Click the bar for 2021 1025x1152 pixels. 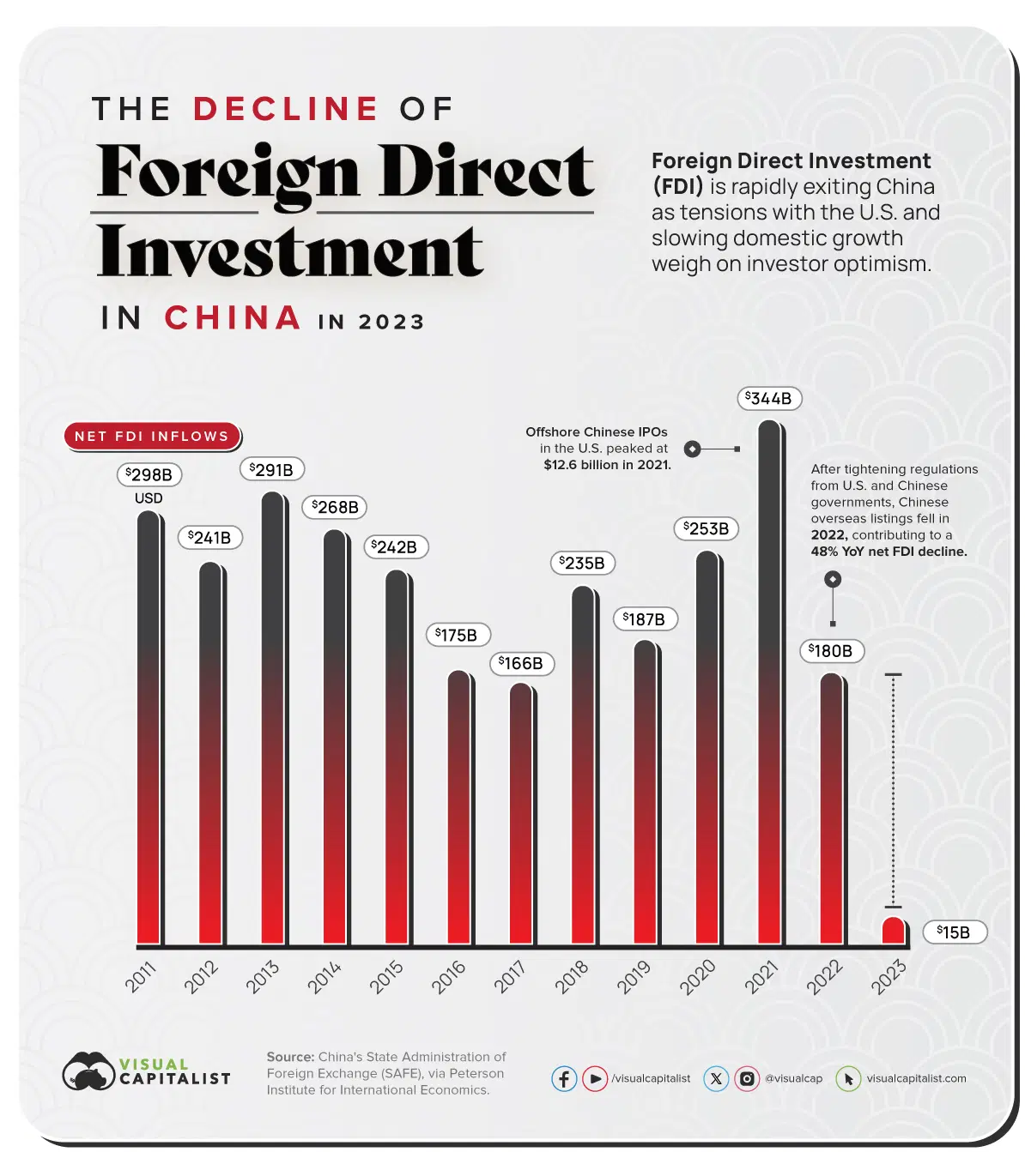point(769,686)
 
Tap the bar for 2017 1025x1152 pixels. point(520,815)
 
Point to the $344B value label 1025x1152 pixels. point(769,399)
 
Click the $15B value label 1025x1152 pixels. point(954,932)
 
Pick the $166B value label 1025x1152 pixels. point(521,663)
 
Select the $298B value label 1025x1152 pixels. point(149,474)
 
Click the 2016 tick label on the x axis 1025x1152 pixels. point(449,977)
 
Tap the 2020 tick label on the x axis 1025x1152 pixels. point(698,977)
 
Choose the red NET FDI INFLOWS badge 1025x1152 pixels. point(152,437)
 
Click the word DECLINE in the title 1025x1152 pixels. point(286,109)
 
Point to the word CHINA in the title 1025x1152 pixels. point(233,318)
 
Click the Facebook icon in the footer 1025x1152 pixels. point(564,1078)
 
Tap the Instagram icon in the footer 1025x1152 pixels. point(748,1078)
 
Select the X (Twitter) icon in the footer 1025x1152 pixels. point(716,1078)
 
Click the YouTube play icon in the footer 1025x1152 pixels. point(594,1078)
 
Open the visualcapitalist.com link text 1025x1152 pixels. point(916,1078)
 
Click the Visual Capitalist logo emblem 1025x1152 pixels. point(88,1071)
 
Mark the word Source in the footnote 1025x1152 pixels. point(289,1057)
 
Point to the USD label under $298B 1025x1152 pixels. point(149,498)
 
